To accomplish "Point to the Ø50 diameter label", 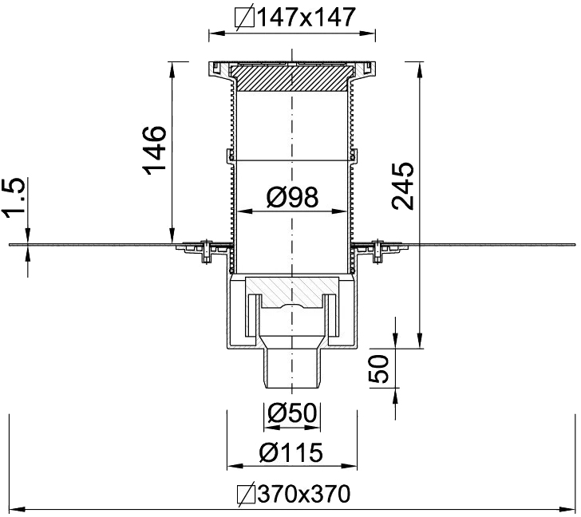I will tap(292, 413).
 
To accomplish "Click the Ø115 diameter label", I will tap(292, 452).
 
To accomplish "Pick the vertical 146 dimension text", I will tap(153, 149).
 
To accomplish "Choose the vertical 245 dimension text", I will tap(402, 185).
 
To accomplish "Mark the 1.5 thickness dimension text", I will tap(15, 199).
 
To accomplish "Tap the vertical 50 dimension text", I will tap(384, 369).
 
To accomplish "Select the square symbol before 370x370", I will tap(247, 495).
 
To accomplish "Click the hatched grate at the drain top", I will tap(291, 80).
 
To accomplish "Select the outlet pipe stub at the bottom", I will tap(292, 368).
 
